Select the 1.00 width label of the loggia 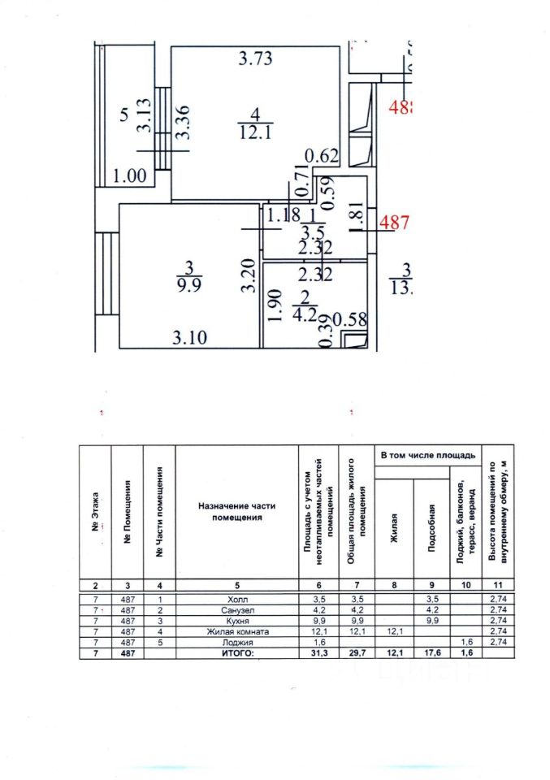point(131,175)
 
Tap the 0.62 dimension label point(322,154)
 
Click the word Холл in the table point(236,599)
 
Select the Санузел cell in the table point(236,609)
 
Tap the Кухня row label point(236,620)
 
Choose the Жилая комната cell point(236,630)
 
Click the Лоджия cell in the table point(236,641)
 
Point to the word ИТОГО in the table point(236,652)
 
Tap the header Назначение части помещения point(236,511)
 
